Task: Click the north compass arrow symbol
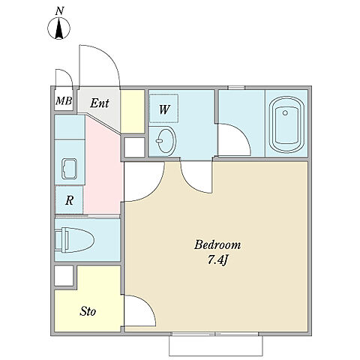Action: coord(58,28)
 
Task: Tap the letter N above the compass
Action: coord(59,11)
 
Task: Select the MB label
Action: coord(64,101)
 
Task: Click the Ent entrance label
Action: coord(100,103)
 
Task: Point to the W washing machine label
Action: coord(164,109)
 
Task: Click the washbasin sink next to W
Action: coord(166,139)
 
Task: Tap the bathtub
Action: coord(286,124)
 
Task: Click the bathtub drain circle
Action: coord(285,112)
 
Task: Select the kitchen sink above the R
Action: coord(69,169)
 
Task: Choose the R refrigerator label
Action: coord(69,200)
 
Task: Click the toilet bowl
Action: coord(74,240)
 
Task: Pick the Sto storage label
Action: coord(88,311)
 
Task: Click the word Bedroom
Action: coord(217,244)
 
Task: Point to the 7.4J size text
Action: coord(217,260)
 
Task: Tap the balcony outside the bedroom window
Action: coord(216,346)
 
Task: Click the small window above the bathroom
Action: coord(236,88)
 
